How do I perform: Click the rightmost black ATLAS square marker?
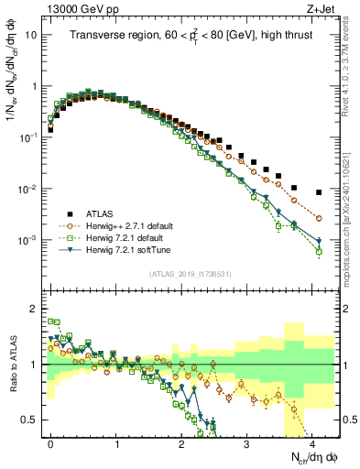(x=318, y=192)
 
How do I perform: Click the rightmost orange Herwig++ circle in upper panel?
(x=318, y=218)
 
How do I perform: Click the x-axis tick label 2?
(x=181, y=440)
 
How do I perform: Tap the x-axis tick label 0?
(x=50, y=440)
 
